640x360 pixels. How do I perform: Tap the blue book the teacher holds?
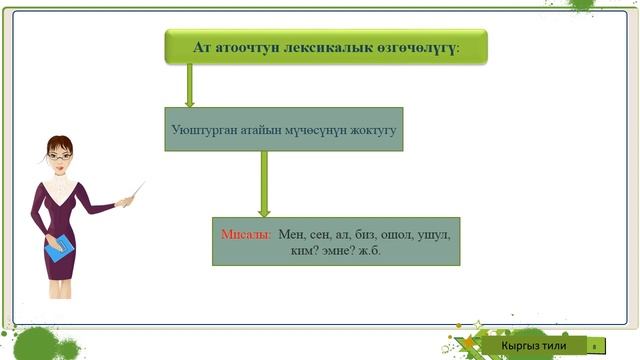coord(61,249)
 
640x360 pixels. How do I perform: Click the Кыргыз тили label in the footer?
coord(534,345)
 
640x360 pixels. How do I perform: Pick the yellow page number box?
coord(594,346)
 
